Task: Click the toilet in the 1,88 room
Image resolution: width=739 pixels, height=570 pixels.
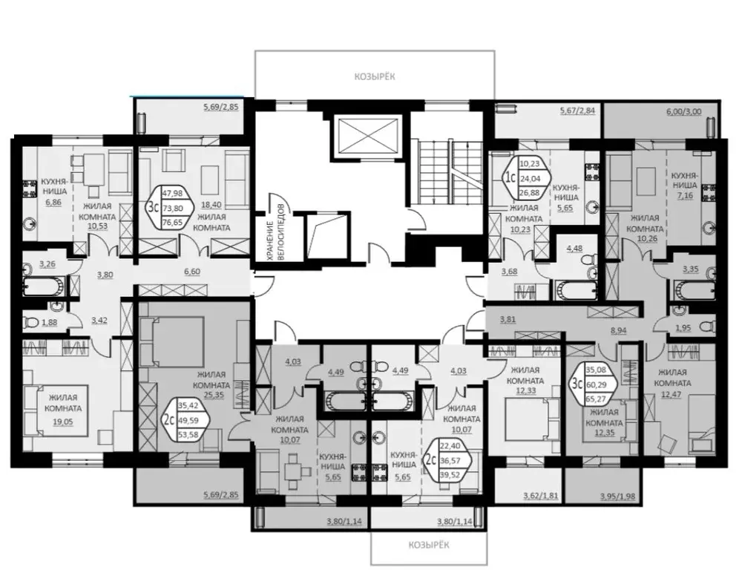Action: [31, 322]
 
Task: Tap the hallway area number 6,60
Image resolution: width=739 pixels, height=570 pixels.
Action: [192, 272]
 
